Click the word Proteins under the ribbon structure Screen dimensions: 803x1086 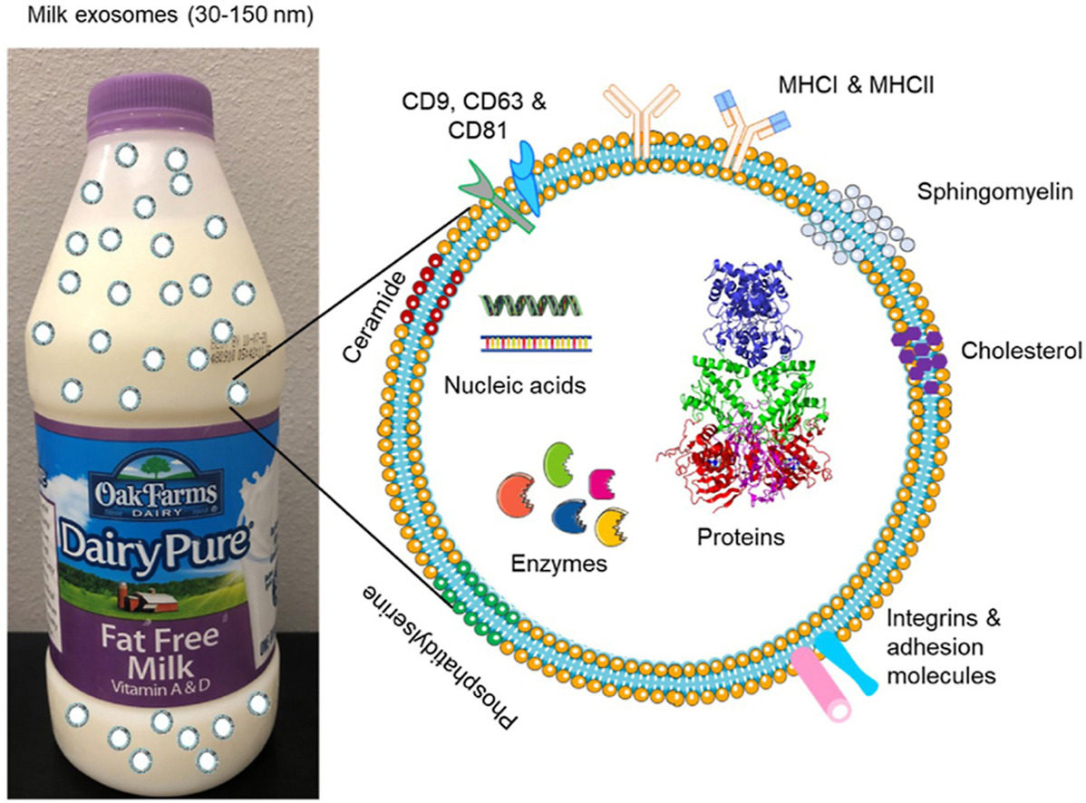tap(740, 537)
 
